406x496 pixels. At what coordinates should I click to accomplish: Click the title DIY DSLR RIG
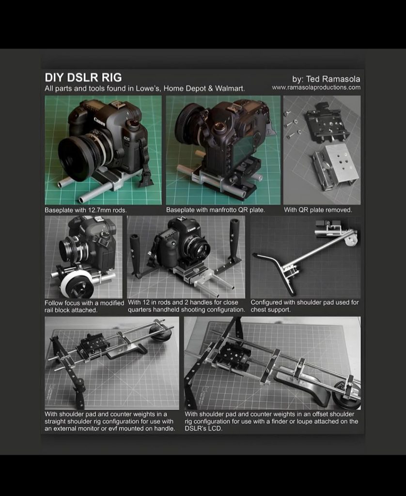coord(83,77)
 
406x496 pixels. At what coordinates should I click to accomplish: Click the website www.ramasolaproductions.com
coord(316,87)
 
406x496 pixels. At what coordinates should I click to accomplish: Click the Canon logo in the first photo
coord(99,121)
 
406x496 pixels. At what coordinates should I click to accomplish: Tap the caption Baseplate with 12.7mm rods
coord(85,210)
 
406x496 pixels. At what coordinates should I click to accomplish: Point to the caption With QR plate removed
coord(318,210)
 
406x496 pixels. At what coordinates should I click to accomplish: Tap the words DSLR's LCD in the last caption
coord(203,429)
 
